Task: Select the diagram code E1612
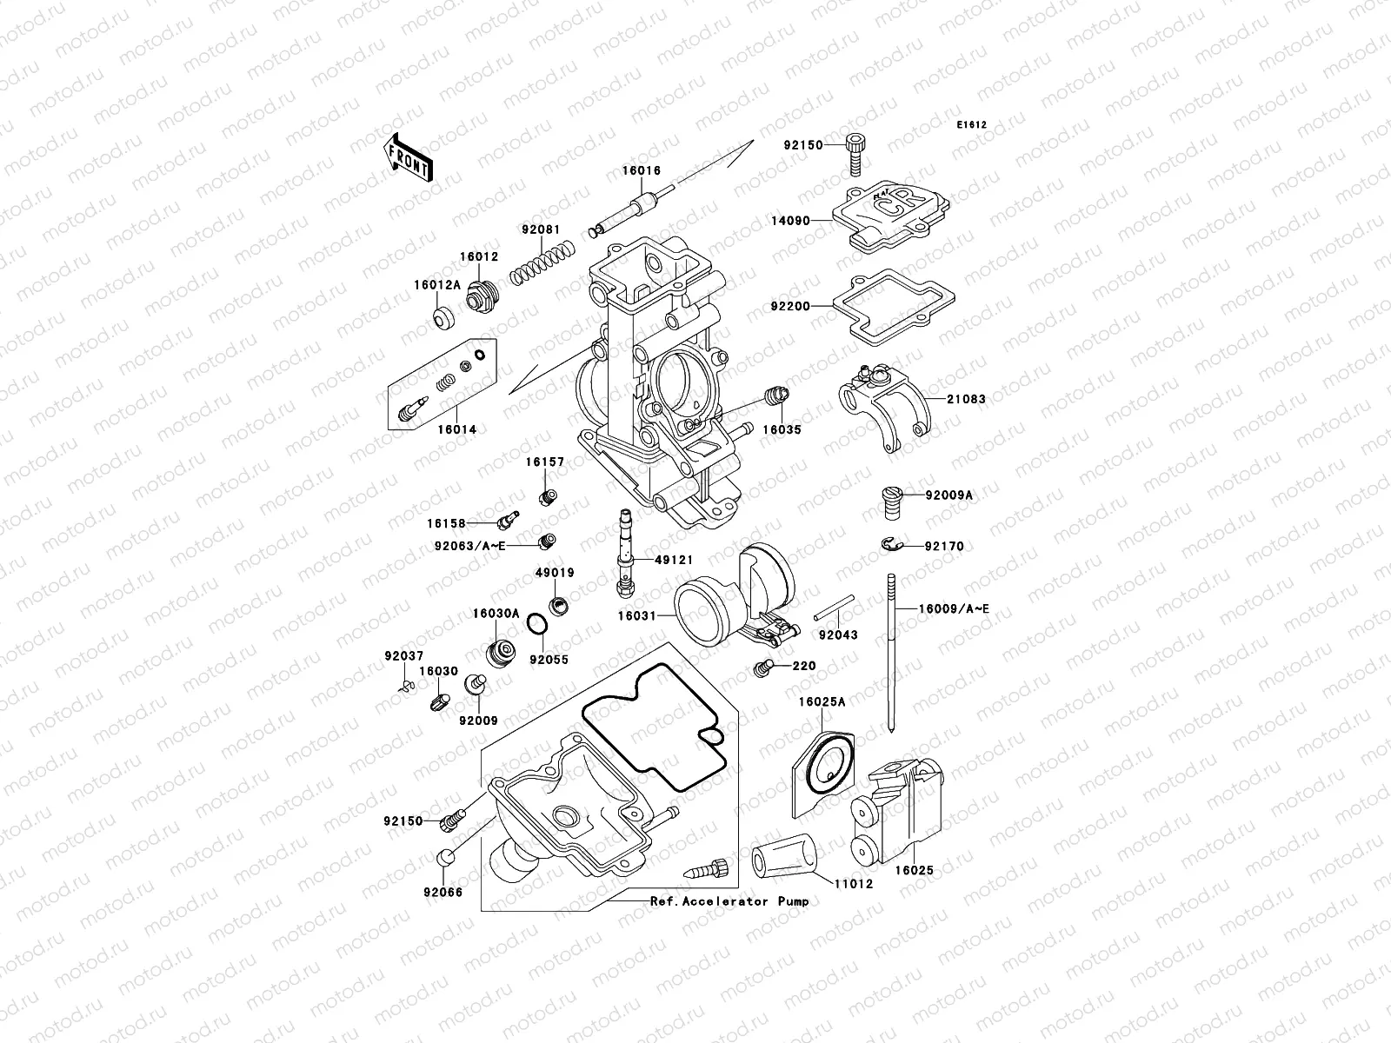tap(971, 125)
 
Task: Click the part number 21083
tap(968, 400)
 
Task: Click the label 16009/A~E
tap(954, 609)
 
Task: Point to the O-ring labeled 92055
tap(538, 624)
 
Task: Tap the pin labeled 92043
tap(835, 608)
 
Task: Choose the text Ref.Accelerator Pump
tap(729, 901)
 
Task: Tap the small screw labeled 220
tap(762, 668)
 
